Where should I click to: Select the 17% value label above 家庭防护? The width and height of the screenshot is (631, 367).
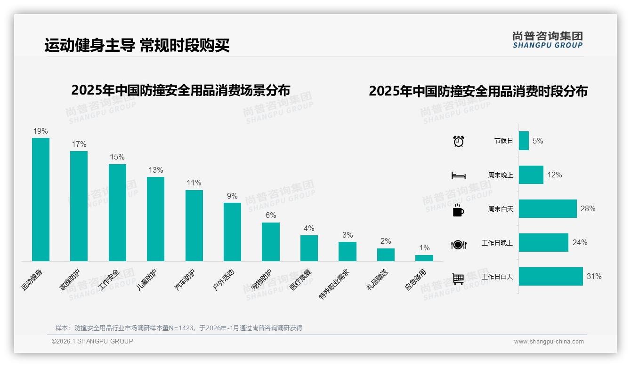pyautogui.click(x=79, y=144)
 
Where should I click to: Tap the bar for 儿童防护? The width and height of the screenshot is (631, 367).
pyautogui.click(x=155, y=219)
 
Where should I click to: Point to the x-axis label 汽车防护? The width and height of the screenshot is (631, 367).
pyautogui.click(x=185, y=279)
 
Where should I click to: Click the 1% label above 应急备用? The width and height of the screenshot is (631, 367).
pyautogui.click(x=424, y=247)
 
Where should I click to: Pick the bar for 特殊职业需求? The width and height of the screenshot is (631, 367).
pyautogui.click(x=347, y=251)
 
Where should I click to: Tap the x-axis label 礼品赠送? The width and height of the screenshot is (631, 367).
pyautogui.click(x=377, y=279)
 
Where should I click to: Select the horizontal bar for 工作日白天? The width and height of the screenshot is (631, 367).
pyautogui.click(x=550, y=276)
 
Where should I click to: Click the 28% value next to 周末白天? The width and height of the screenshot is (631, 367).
pyautogui.click(x=588, y=208)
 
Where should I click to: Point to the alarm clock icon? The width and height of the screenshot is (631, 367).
pyautogui.click(x=458, y=141)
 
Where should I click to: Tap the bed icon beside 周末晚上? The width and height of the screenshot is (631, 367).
pyautogui.click(x=458, y=175)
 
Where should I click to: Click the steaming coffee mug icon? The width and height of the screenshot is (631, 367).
pyautogui.click(x=458, y=209)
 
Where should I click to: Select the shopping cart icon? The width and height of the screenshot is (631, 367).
pyautogui.click(x=458, y=278)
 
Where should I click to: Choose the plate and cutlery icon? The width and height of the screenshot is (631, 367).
pyautogui.click(x=458, y=244)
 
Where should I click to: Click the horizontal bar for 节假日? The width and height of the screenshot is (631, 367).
pyautogui.click(x=524, y=141)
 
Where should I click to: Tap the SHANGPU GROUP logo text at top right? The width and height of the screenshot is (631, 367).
pyautogui.click(x=547, y=46)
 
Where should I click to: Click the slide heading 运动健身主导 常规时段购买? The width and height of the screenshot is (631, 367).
pyautogui.click(x=137, y=46)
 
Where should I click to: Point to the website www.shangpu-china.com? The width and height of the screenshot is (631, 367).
pyautogui.click(x=549, y=342)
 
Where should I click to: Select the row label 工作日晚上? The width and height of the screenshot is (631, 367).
pyautogui.click(x=497, y=243)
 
